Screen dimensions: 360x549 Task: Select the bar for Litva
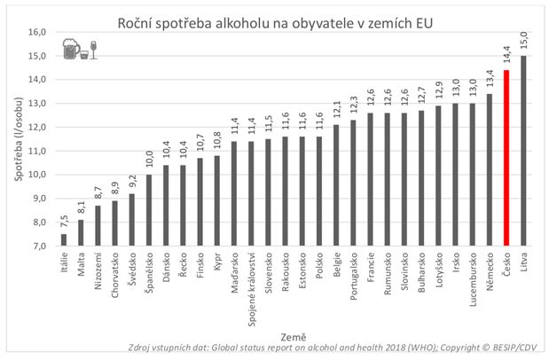coord(523,150)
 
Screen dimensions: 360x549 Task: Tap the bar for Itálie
coord(64,239)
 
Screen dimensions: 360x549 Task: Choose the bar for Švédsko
coord(131,219)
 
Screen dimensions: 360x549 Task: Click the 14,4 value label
coord(506,56)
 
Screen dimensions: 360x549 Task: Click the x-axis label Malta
coord(82,264)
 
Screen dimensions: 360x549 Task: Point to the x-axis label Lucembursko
coord(473,276)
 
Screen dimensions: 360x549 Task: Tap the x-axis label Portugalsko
coord(354,274)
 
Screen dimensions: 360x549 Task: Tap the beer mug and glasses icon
coord(78,50)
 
